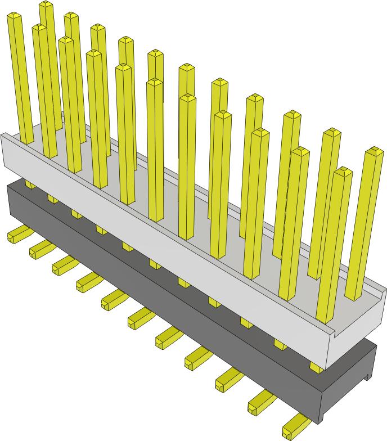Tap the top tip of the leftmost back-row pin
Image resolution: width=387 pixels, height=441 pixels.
point(46,5)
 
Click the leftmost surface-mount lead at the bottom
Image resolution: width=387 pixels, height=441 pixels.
point(17,235)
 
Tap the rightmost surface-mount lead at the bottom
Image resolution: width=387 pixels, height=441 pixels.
point(295,429)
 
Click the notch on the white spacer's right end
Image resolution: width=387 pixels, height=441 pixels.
point(328,322)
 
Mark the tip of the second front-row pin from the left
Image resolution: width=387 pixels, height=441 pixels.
point(39,28)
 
